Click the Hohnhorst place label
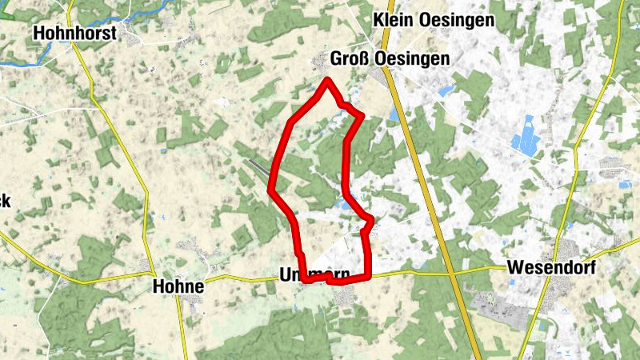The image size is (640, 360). tap(74, 33)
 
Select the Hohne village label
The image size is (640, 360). tap(178, 286)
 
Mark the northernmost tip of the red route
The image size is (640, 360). tap(327, 78)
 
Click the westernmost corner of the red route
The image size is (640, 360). tap(270, 191)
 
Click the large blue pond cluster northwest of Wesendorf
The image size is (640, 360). tap(525, 136)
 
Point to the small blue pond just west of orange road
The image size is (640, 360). tap(393, 117)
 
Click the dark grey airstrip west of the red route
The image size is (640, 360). tap(258, 166)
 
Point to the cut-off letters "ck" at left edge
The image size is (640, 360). tap(4, 201)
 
